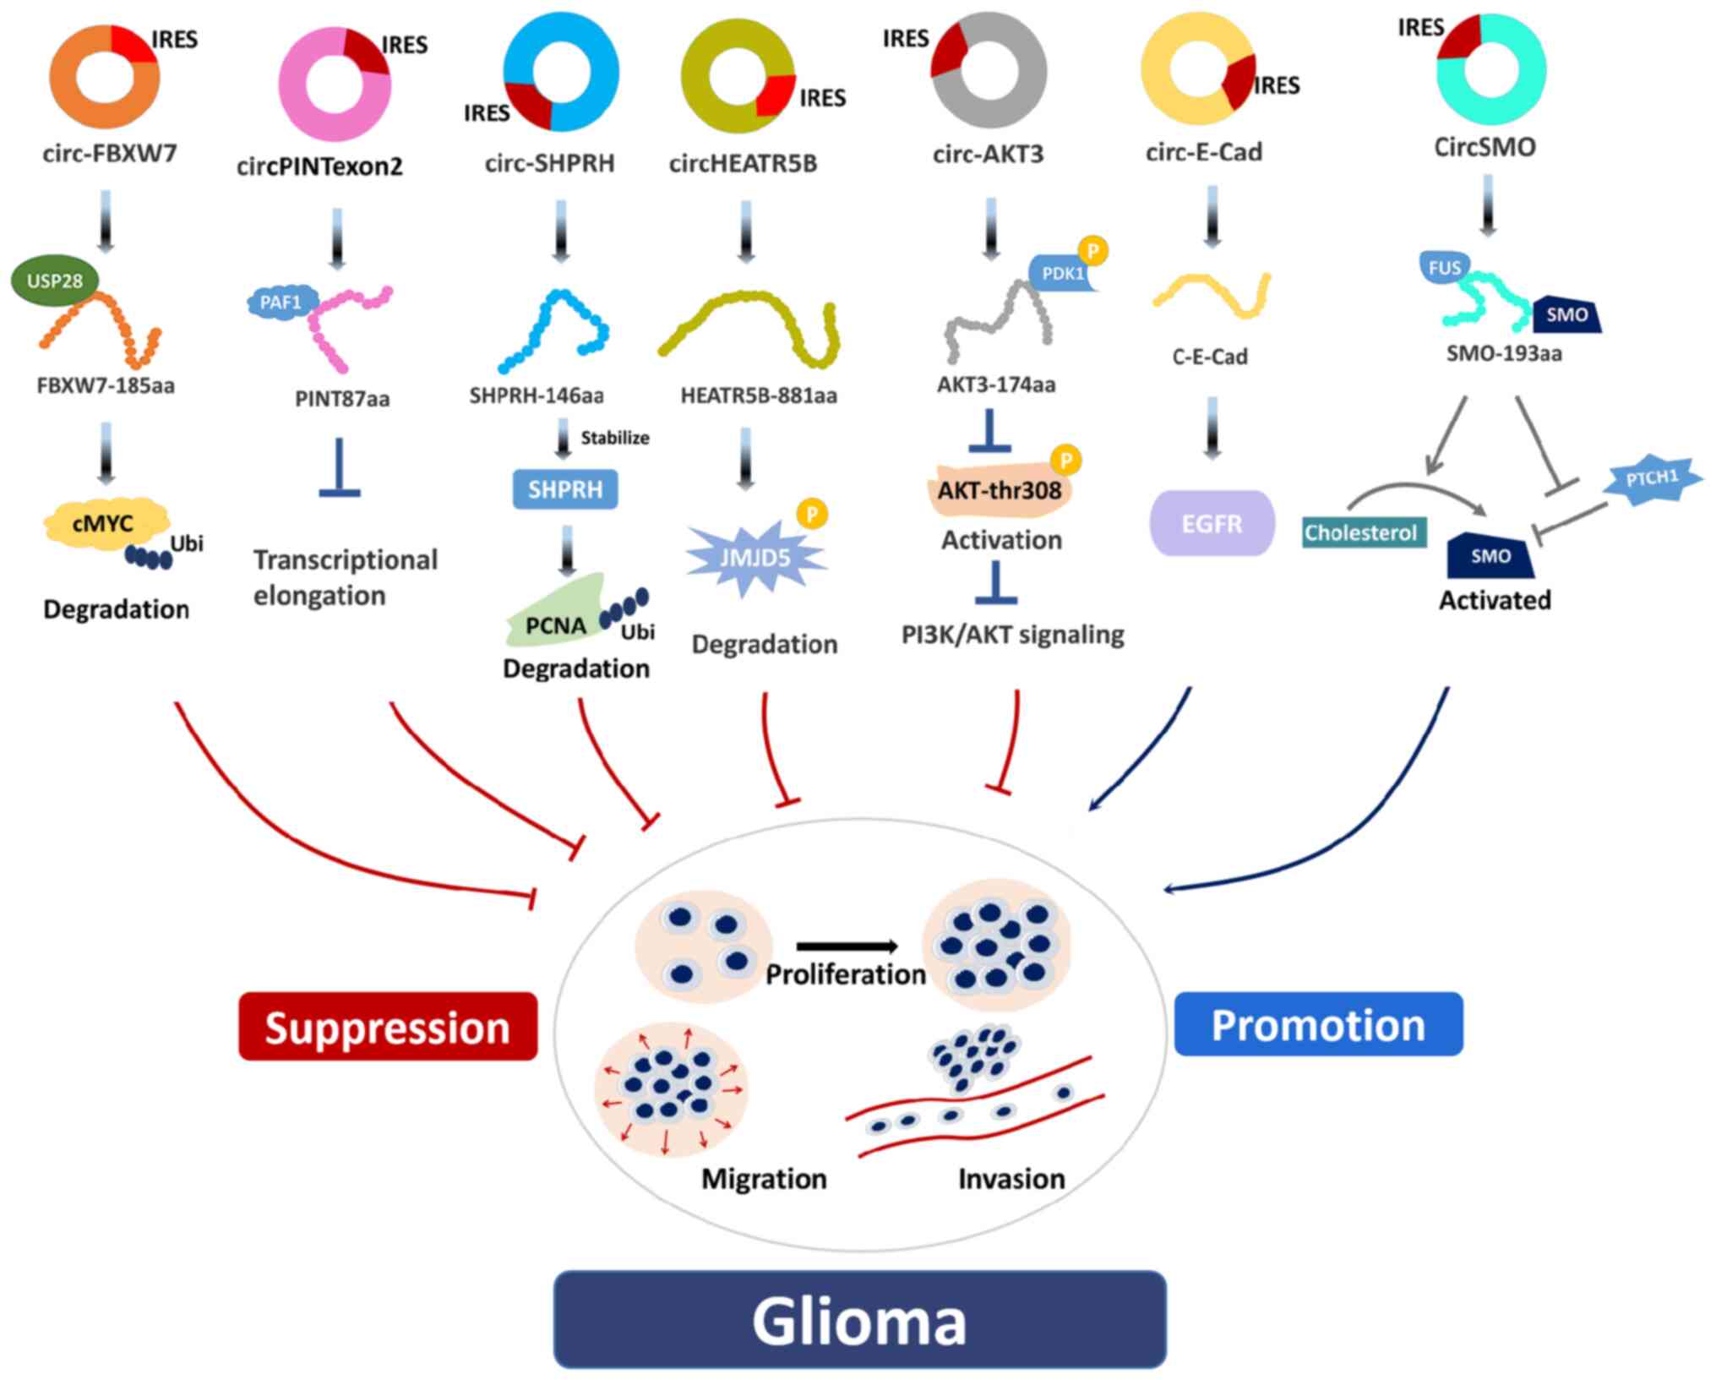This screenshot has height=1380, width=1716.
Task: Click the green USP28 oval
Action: click(x=54, y=281)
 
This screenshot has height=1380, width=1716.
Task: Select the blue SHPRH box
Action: click(x=565, y=489)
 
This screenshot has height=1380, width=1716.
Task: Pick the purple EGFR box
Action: click(x=1212, y=524)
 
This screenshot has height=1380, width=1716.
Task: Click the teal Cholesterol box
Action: click(x=1360, y=532)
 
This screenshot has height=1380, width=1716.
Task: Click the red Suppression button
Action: click(x=388, y=1027)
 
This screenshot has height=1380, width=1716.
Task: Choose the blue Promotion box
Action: click(x=1318, y=1024)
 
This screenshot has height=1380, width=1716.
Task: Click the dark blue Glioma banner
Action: click(x=859, y=1320)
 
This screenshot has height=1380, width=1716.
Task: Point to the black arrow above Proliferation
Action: click(x=847, y=946)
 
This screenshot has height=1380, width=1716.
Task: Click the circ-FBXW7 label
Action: click(x=110, y=154)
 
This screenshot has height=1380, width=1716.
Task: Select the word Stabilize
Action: click(x=614, y=438)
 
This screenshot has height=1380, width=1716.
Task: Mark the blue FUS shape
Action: click(x=1444, y=269)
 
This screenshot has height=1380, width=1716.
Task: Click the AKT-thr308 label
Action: click(x=1000, y=490)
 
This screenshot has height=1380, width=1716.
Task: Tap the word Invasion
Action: click(x=1011, y=1178)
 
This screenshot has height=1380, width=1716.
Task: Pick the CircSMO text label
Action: click(x=1484, y=147)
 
